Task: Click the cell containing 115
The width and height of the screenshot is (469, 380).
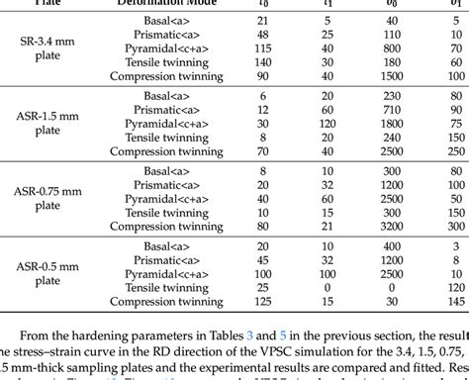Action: (262, 47)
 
